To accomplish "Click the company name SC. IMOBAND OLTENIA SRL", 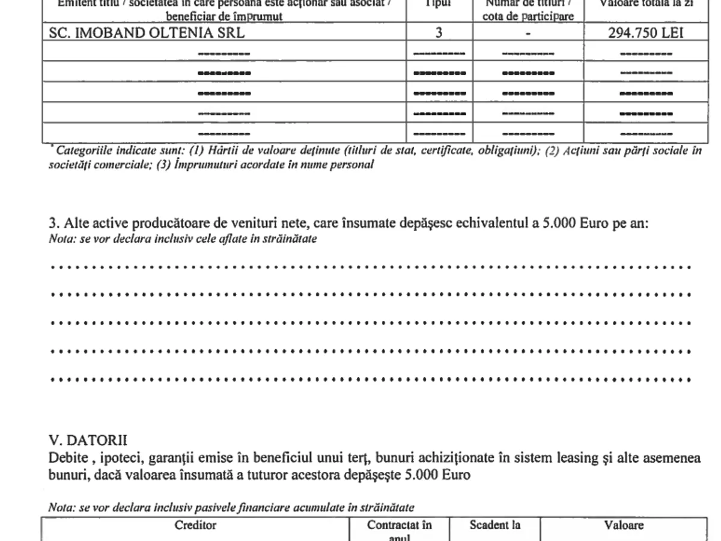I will tap(147, 32).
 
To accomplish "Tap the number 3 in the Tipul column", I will tap(439, 32).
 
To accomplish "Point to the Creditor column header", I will tap(195, 525).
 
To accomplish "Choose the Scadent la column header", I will tap(495, 525).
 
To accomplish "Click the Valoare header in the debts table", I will tap(624, 525).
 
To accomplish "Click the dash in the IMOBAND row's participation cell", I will tap(528, 34).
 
